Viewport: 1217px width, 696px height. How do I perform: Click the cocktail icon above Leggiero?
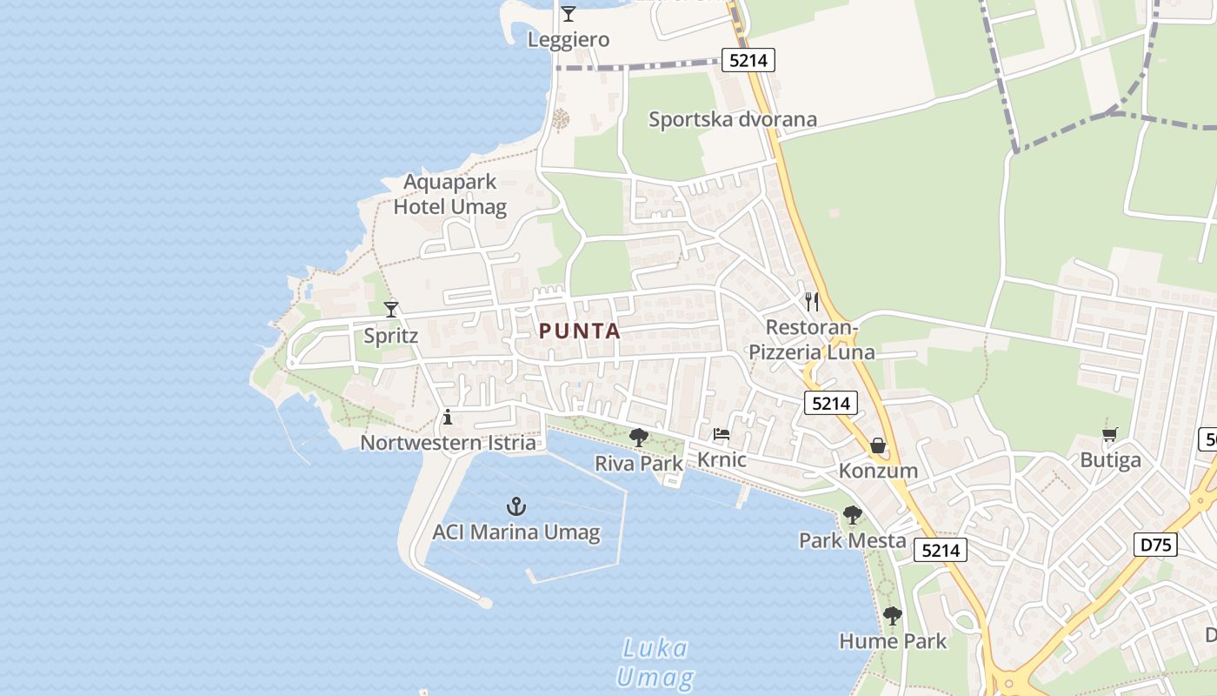(x=569, y=14)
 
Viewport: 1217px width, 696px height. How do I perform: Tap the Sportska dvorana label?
(x=733, y=119)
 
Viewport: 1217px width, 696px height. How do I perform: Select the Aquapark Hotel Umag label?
(x=450, y=194)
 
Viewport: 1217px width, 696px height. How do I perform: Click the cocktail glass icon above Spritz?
(x=391, y=309)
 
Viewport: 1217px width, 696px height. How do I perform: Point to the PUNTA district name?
(x=580, y=331)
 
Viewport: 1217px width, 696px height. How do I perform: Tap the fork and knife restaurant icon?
(x=812, y=302)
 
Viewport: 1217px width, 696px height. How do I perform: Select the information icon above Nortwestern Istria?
(x=448, y=417)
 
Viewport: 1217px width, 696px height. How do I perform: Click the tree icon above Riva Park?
(x=639, y=437)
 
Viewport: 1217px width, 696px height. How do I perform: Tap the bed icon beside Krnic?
(x=721, y=434)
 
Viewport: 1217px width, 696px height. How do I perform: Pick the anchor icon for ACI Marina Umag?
(x=516, y=506)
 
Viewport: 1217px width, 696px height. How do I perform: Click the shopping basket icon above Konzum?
(x=878, y=445)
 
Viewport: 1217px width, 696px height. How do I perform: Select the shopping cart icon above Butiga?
(x=1110, y=434)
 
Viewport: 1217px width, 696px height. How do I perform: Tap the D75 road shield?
(x=1156, y=545)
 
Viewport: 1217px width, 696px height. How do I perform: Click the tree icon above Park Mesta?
(x=853, y=515)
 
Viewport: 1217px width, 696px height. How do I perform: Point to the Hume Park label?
(x=893, y=641)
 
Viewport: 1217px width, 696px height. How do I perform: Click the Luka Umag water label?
(x=655, y=663)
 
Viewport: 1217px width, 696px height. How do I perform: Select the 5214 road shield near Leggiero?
(x=748, y=60)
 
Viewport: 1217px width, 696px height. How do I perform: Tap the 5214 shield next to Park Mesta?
(x=941, y=550)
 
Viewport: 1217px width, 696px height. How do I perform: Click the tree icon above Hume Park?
(x=892, y=616)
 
